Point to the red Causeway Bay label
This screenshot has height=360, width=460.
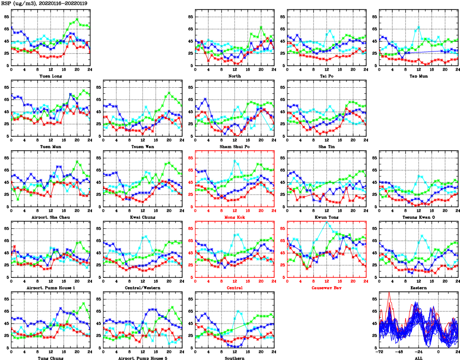tap(326, 288)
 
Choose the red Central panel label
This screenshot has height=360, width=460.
tap(234, 288)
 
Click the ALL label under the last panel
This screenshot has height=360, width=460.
tap(418, 358)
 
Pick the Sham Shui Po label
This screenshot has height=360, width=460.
tap(234, 146)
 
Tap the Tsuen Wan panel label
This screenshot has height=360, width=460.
tap(142, 146)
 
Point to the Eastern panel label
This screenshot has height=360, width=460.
tap(418, 288)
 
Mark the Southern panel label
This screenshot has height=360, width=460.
tap(234, 358)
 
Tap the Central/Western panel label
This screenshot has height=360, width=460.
tap(142, 288)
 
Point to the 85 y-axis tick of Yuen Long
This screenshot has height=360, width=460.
tap(6, 17)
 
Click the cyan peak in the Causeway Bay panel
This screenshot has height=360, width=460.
tap(327, 222)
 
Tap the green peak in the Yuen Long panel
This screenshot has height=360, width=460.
tap(77, 19)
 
